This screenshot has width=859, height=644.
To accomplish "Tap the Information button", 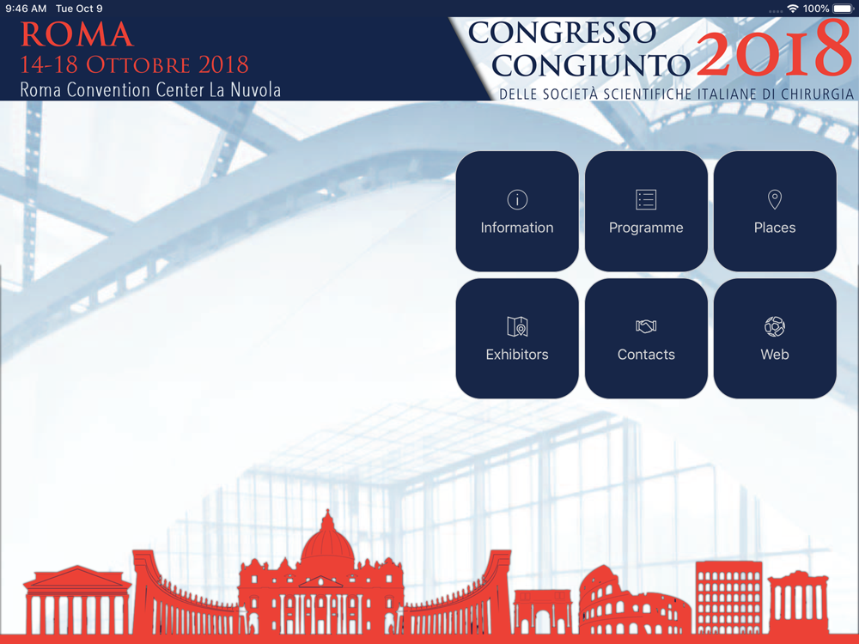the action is coord(516,211).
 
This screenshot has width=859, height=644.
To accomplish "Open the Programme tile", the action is coord(646,211).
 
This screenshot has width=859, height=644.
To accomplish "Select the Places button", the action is coord(775,211).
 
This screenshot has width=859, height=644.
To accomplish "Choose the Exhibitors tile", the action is coord(516,337).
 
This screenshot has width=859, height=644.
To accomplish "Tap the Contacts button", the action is coord(646,337).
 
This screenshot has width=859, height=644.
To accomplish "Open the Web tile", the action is coord(775,337).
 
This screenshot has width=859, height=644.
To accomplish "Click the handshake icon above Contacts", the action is coord(646,326).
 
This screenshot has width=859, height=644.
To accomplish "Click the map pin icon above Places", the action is coord(775,199).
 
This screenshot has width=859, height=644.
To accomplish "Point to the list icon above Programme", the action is coord(646,199).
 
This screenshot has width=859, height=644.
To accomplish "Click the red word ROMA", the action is coord(76,34).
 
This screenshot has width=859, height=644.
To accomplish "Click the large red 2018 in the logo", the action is coord(774,49).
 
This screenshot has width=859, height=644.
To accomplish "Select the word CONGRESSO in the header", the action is coord(562,33).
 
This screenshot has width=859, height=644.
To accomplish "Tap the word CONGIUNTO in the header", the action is coord(591,65).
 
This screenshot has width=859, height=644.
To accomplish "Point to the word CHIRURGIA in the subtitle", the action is coord(818,94).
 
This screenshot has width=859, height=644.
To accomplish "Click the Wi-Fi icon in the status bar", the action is coord(792,9).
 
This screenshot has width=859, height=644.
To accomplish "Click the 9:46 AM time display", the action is coord(26,9).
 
